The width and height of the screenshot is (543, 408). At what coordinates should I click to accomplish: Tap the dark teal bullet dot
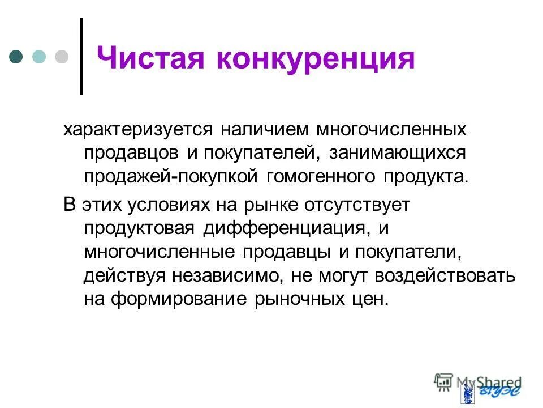[16, 57]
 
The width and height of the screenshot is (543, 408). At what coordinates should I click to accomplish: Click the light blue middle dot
[39, 57]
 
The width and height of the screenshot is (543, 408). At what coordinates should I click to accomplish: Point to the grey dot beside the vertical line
[61, 57]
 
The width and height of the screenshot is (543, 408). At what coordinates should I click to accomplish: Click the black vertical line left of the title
[81, 57]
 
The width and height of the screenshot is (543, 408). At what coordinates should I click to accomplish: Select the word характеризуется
[138, 129]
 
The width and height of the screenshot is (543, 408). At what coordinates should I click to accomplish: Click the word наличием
[265, 129]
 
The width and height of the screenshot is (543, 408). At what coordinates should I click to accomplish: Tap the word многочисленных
[391, 129]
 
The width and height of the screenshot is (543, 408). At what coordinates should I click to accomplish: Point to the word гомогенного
[318, 176]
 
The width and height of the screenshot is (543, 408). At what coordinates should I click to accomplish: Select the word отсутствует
[348, 205]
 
